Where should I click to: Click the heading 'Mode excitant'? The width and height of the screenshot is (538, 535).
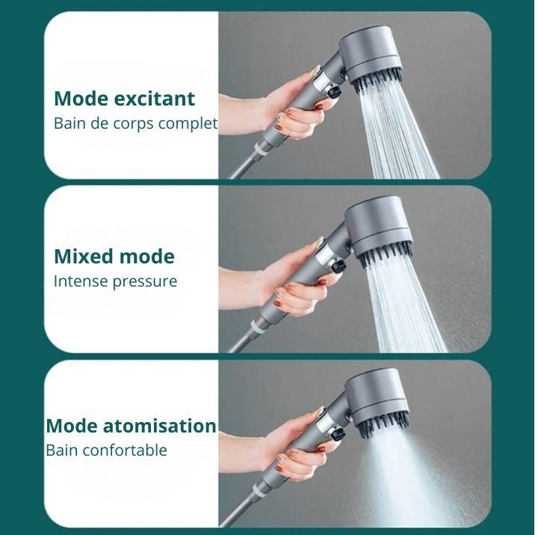[124, 99]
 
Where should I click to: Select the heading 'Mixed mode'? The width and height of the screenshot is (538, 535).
[114, 257]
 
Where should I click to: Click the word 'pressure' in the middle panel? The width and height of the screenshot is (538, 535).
[146, 282]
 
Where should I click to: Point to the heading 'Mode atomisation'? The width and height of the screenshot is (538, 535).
[131, 426]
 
